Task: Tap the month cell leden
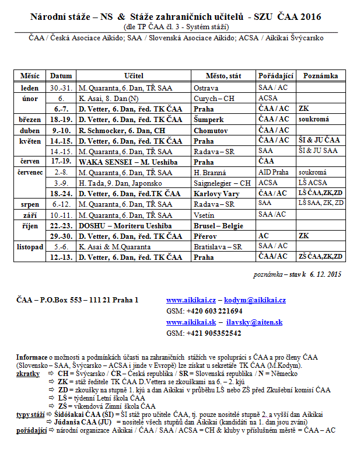[29, 88]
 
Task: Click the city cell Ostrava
[205, 88]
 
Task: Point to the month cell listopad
[30, 246]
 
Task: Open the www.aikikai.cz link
[187, 300]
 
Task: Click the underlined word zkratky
[29, 372]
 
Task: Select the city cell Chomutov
[209, 130]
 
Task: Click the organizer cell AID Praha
[272, 172]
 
